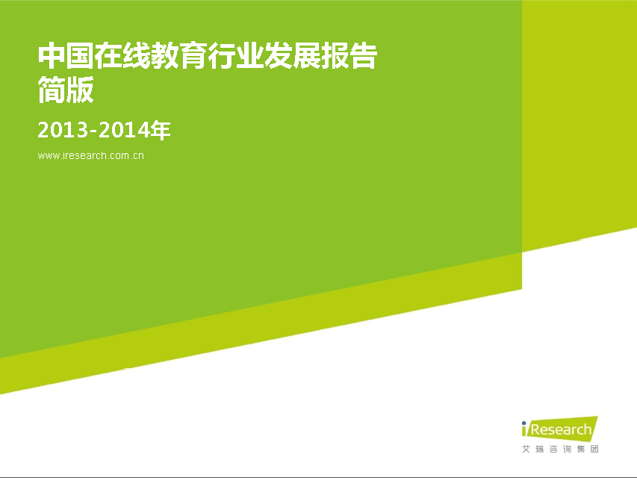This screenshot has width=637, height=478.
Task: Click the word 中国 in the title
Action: point(66,56)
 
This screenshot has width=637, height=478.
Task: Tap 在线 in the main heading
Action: point(122,56)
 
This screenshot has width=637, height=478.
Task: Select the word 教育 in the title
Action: point(179,56)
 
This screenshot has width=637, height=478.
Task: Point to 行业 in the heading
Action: point(236,56)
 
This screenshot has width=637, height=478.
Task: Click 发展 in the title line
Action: point(293,56)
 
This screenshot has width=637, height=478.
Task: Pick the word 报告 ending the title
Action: point(349,56)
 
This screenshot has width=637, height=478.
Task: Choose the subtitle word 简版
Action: point(66,90)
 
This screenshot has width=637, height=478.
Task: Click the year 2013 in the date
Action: point(63,131)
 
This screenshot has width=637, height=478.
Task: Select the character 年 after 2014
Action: point(160,131)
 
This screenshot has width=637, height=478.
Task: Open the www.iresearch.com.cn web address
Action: point(90,155)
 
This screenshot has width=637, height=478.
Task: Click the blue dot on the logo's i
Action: point(524,423)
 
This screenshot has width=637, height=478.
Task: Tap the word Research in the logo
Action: point(561,430)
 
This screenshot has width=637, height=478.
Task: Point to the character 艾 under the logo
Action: point(526,449)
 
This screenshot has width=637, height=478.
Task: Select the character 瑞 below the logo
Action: point(540,449)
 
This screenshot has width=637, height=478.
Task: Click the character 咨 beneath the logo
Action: point(553,449)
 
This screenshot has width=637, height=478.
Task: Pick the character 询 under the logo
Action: point(567,449)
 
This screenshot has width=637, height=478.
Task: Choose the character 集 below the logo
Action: point(581,449)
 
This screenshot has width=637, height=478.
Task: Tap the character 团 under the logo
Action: point(594,449)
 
